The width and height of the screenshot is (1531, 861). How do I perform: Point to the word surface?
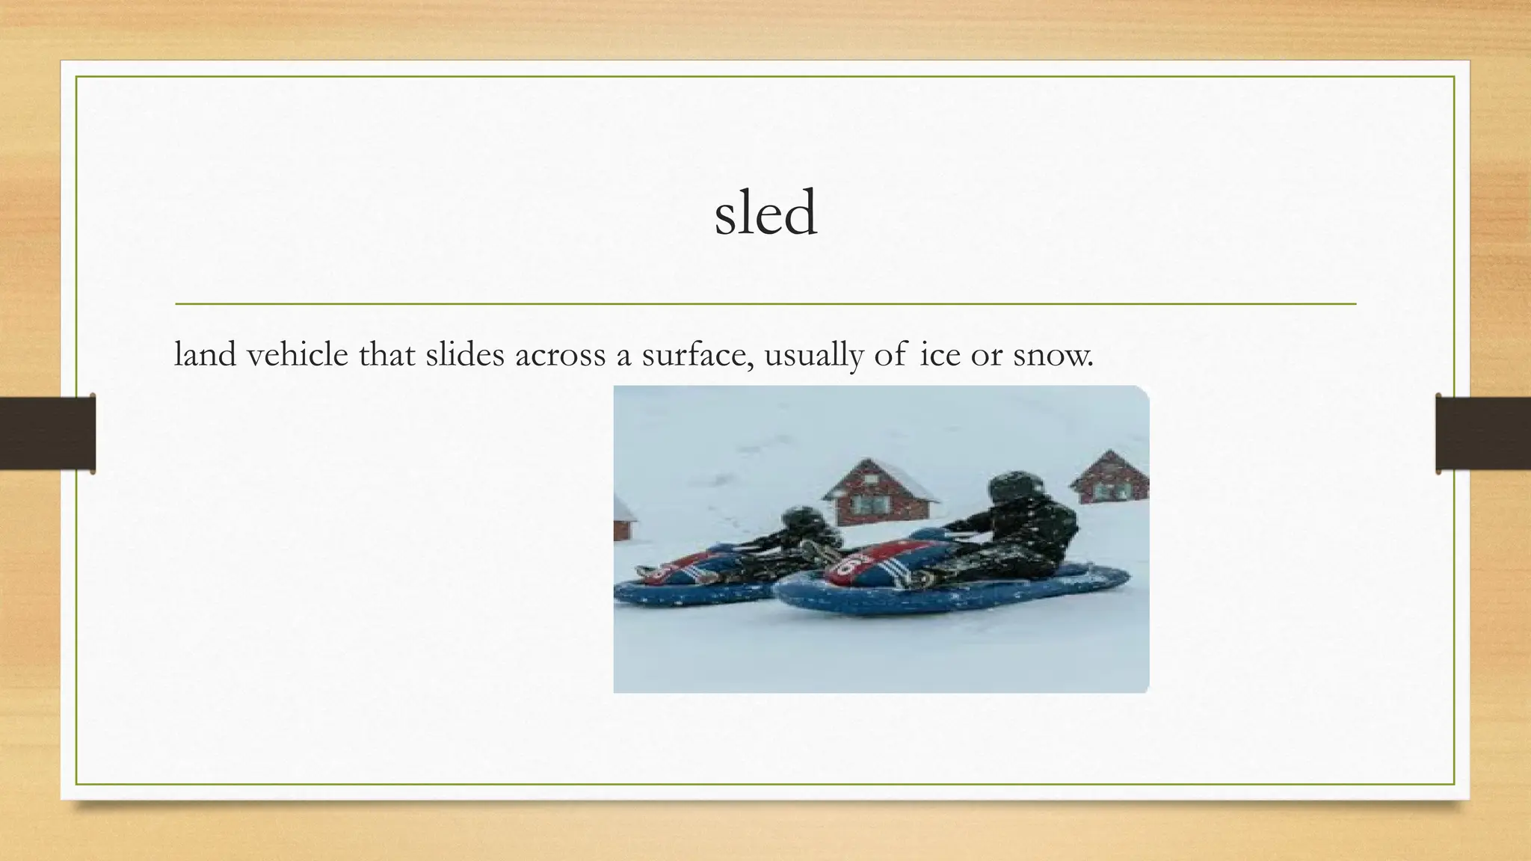click(697, 354)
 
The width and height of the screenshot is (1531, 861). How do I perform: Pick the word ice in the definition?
click(940, 354)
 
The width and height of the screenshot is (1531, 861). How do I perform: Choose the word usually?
click(813, 354)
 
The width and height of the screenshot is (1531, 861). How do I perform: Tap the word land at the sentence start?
click(204, 354)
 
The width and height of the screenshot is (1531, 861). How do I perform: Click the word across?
click(560, 354)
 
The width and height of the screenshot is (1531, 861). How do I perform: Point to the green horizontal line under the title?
click(765, 304)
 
